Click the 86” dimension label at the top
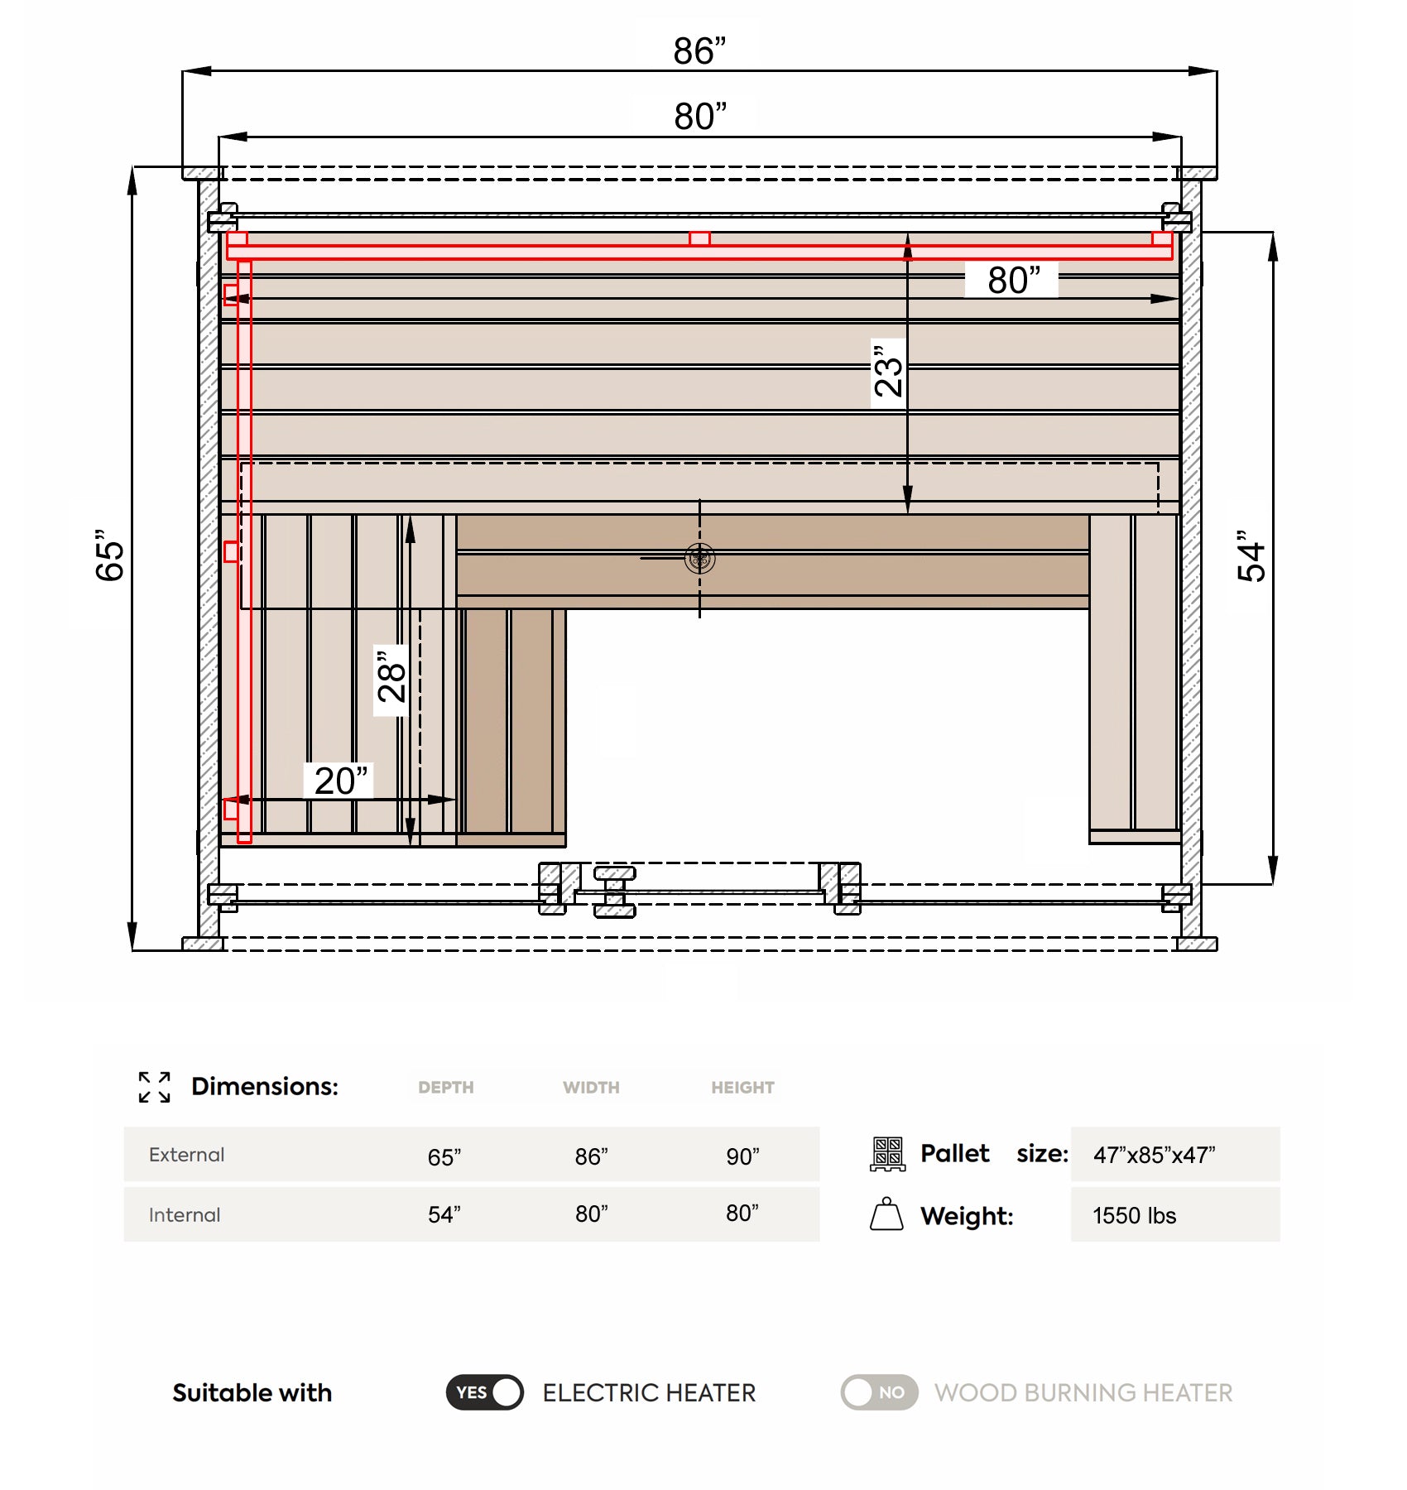[x=699, y=51]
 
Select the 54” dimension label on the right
[x=1251, y=556]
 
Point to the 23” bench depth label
[x=889, y=372]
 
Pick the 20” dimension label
[x=340, y=781]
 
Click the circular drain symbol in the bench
[x=700, y=558]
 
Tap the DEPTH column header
[x=445, y=1088]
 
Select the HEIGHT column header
[x=742, y=1088]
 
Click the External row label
[x=186, y=1155]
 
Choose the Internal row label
[x=185, y=1215]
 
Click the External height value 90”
[x=742, y=1156]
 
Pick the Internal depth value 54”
[x=444, y=1214]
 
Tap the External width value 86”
[x=591, y=1156]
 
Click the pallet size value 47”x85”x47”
[x=1154, y=1155]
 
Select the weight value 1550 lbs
[x=1134, y=1215]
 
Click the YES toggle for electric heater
[x=485, y=1392]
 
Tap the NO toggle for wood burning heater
[x=879, y=1392]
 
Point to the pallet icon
[x=887, y=1154]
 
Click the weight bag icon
[x=886, y=1214]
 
